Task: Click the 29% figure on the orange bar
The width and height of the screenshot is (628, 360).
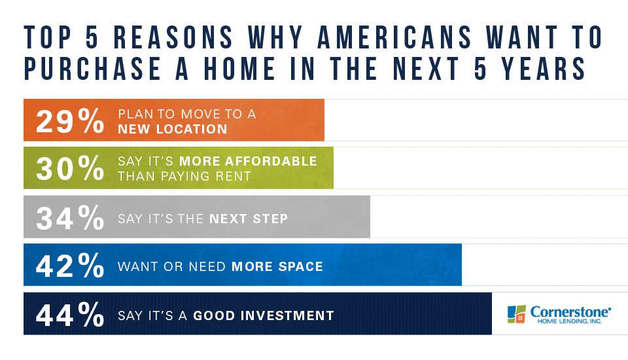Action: pos(70,121)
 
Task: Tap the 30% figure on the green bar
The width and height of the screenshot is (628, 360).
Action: pos(70,168)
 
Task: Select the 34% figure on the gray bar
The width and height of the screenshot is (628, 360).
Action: pos(70,217)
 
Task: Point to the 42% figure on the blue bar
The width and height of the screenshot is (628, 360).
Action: pos(70,265)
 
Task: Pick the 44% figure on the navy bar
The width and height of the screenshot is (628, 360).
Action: pos(70,314)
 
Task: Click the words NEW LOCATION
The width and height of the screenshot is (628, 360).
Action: pos(173,129)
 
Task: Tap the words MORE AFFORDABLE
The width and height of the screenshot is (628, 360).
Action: pos(248,161)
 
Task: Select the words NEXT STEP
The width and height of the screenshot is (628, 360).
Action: pos(249,219)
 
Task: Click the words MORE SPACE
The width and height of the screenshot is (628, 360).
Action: pos(277,266)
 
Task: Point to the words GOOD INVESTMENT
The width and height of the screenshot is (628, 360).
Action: pos(264,315)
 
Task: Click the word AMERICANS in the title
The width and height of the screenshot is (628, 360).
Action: pos(394,37)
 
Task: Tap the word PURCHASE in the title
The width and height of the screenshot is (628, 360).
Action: pos(92,68)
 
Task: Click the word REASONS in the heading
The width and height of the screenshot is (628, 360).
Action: pos(173,37)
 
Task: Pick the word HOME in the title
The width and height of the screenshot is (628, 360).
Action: pos(239,68)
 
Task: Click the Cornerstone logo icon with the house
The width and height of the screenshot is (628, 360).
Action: pos(517,314)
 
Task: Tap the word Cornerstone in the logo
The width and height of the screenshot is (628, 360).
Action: pos(570,312)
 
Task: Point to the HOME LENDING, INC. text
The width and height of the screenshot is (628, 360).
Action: pos(569,321)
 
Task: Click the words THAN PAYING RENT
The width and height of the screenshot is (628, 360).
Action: pos(184,176)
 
